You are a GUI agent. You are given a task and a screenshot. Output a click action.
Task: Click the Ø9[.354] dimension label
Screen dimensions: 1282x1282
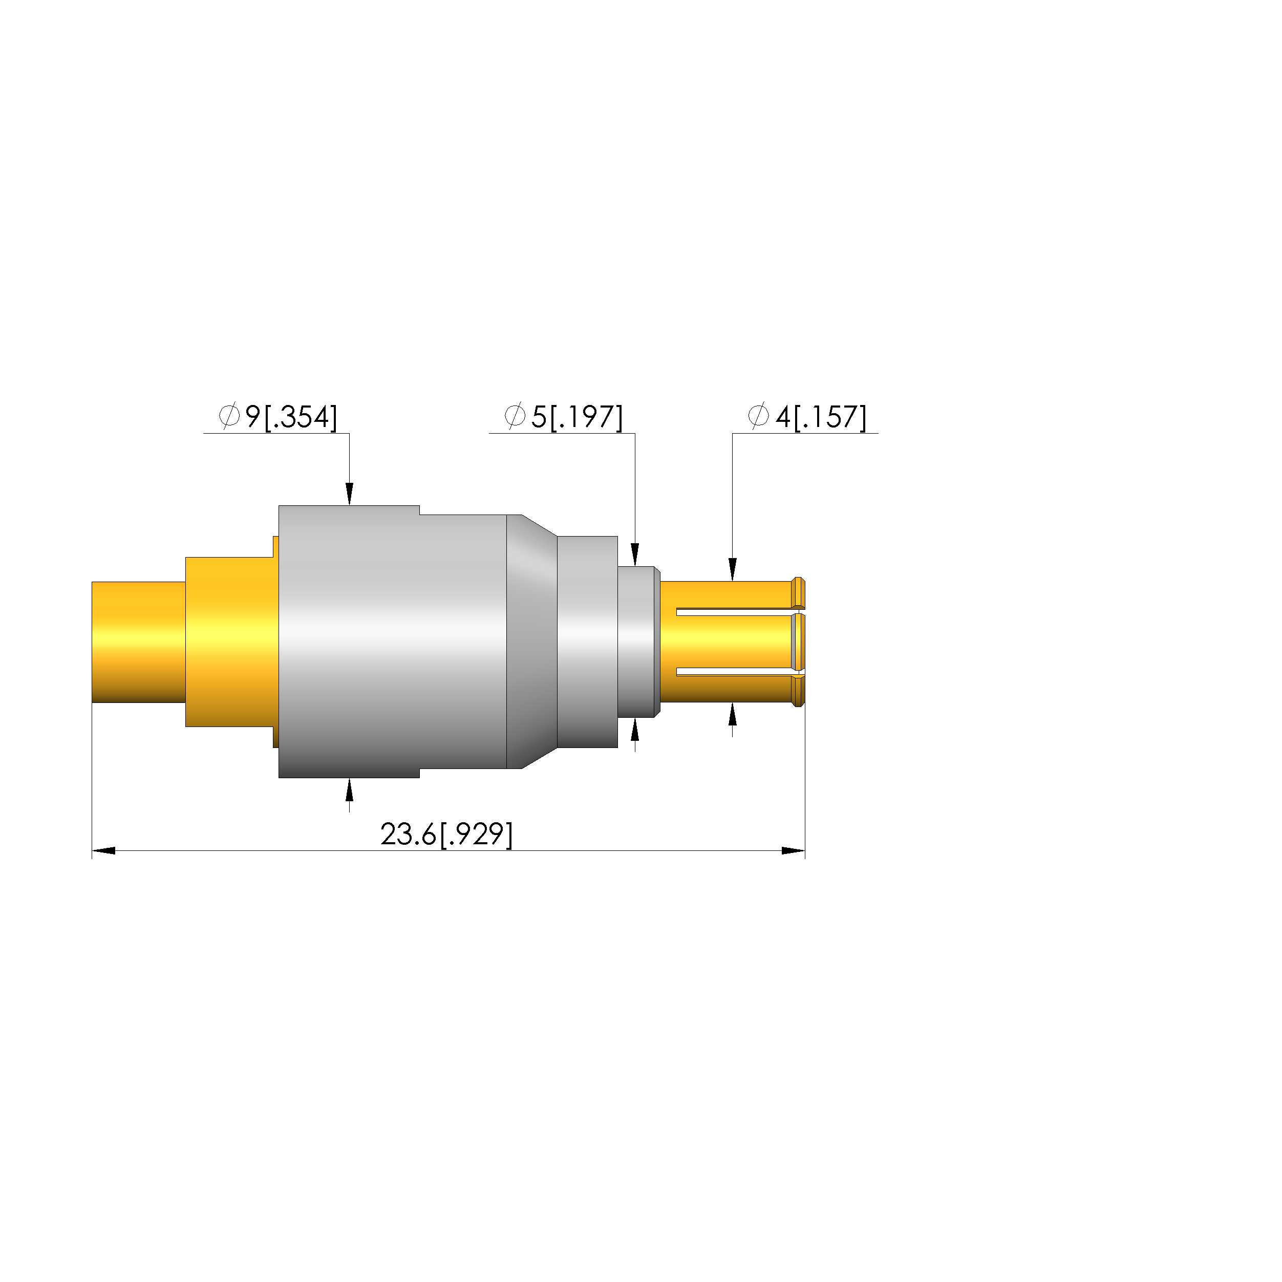(278, 417)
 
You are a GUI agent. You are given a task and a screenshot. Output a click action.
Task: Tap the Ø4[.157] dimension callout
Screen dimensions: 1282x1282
(807, 417)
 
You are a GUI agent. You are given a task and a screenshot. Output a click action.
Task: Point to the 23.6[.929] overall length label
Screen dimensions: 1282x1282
(446, 834)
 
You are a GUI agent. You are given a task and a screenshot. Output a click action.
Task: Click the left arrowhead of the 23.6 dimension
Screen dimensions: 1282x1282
(103, 851)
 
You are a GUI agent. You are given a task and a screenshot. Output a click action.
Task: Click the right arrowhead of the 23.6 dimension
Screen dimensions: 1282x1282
(794, 851)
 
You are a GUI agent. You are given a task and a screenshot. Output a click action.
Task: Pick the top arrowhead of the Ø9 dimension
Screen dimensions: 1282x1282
(350, 494)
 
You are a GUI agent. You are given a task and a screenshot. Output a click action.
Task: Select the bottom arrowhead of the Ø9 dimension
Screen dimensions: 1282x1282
(350, 789)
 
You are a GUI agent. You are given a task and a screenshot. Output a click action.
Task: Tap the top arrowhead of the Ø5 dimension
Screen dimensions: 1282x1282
(635, 555)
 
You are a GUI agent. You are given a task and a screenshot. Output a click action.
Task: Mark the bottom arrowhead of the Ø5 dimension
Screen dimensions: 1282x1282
(635, 729)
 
